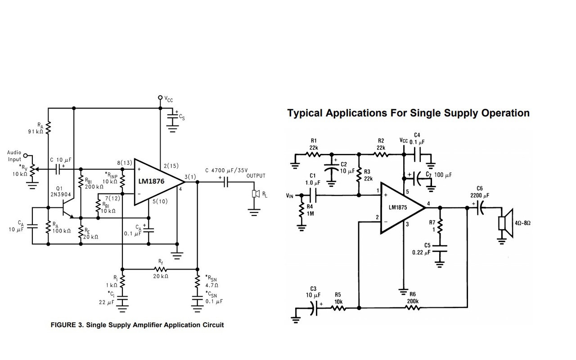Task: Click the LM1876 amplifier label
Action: (x=151, y=181)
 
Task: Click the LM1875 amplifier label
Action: (x=398, y=207)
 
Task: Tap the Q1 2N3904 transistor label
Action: (x=60, y=191)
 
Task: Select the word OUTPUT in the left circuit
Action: (x=256, y=175)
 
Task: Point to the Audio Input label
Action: (x=14, y=156)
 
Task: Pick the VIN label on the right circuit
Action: (x=290, y=196)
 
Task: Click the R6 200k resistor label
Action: (x=413, y=298)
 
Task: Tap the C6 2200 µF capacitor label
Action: (x=480, y=192)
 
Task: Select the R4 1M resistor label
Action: (x=310, y=210)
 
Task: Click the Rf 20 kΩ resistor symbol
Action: (x=161, y=270)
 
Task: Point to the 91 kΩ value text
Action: (x=35, y=131)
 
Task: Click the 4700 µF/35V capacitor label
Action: (x=226, y=170)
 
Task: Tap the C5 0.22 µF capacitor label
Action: (x=421, y=249)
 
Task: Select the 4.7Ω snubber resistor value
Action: (x=211, y=285)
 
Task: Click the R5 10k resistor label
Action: (x=338, y=298)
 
